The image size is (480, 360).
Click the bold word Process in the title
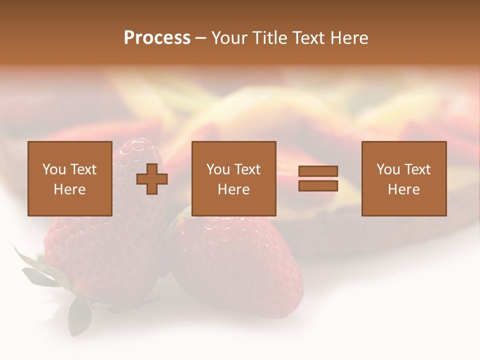tap(157, 38)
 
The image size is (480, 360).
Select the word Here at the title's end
tap(349, 38)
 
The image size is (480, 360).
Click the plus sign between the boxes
tap(152, 179)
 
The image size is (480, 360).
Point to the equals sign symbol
tap(318, 179)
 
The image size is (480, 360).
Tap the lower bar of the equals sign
tap(318, 186)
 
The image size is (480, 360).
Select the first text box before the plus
tap(69, 178)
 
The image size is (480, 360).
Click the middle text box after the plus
tap(233, 178)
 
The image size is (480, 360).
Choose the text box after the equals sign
tap(403, 178)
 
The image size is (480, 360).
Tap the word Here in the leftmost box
tap(69, 189)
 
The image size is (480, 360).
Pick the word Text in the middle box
tap(247, 169)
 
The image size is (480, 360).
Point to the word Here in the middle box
tap(233, 189)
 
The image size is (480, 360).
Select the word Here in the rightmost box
tap(403, 189)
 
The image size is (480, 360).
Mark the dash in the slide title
tap(200, 38)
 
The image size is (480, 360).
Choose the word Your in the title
tap(230, 38)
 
